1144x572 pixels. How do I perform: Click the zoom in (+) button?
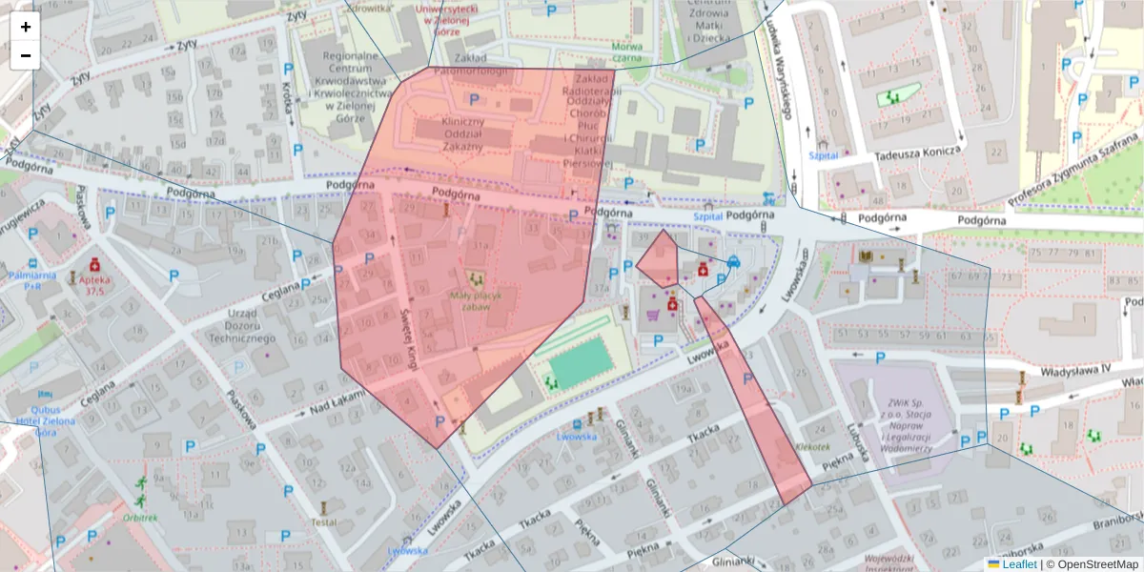click(26, 27)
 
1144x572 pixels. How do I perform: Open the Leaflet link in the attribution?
click(1018, 564)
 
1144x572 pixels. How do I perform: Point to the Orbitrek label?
click(140, 518)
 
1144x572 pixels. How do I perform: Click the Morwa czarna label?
click(626, 51)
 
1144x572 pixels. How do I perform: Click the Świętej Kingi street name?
click(408, 343)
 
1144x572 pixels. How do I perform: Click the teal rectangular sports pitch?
click(579, 363)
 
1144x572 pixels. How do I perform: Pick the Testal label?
click(323, 521)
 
